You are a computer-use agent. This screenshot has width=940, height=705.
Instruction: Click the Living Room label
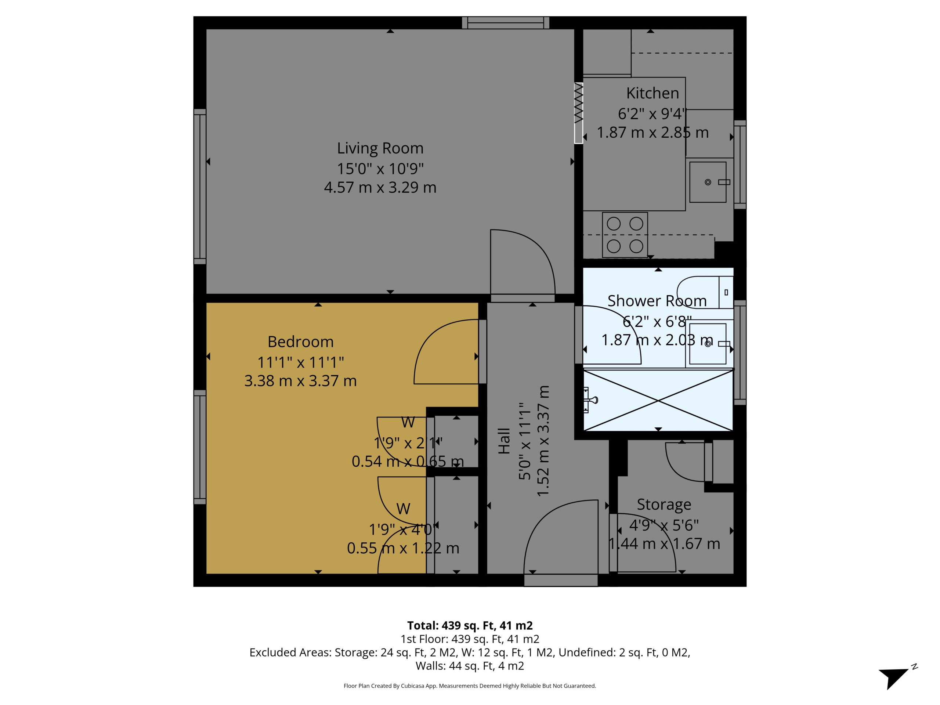click(380, 148)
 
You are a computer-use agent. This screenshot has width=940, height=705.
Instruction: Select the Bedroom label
click(300, 341)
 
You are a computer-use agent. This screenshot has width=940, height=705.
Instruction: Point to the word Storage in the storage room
click(664, 505)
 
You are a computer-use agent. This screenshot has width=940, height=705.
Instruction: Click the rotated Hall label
click(504, 441)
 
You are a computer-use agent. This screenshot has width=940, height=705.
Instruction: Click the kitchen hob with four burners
click(625, 235)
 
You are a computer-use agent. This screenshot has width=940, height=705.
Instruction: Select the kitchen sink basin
click(708, 182)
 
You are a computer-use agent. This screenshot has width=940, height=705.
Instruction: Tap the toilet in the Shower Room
click(705, 292)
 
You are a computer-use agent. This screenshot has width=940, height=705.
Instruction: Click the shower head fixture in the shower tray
click(590, 400)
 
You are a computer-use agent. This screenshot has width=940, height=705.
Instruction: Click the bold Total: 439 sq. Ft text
click(470, 626)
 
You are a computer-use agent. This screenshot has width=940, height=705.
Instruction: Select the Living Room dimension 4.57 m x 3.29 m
click(380, 187)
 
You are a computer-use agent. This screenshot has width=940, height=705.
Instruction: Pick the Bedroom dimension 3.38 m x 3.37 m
click(300, 381)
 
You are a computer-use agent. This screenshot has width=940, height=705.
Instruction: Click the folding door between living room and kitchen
click(578, 113)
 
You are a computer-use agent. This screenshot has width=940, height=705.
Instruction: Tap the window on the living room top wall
click(506, 22)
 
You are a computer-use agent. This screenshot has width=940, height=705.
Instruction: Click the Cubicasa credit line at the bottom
click(470, 686)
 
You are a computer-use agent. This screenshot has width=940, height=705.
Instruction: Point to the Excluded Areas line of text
click(470, 652)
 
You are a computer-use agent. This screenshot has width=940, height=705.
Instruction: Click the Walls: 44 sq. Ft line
click(470, 666)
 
